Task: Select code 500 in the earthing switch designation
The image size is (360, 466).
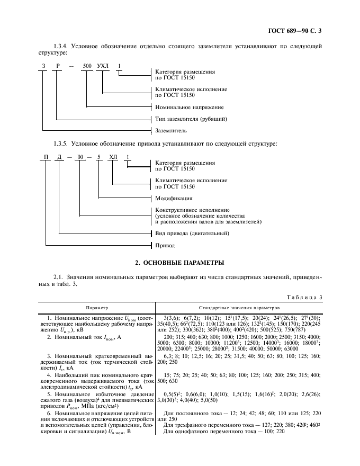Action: pos(87,66)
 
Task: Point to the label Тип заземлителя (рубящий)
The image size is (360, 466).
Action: pos(191,119)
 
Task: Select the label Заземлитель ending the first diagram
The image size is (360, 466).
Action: pos(170,130)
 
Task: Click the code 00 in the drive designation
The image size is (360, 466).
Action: pos(79,157)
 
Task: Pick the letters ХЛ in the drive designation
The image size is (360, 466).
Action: pos(112,157)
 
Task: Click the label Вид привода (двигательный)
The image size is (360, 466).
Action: pos(192,234)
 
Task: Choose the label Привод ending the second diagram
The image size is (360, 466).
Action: pos(165,245)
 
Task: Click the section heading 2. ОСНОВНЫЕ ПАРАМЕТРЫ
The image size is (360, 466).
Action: pos(179,262)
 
